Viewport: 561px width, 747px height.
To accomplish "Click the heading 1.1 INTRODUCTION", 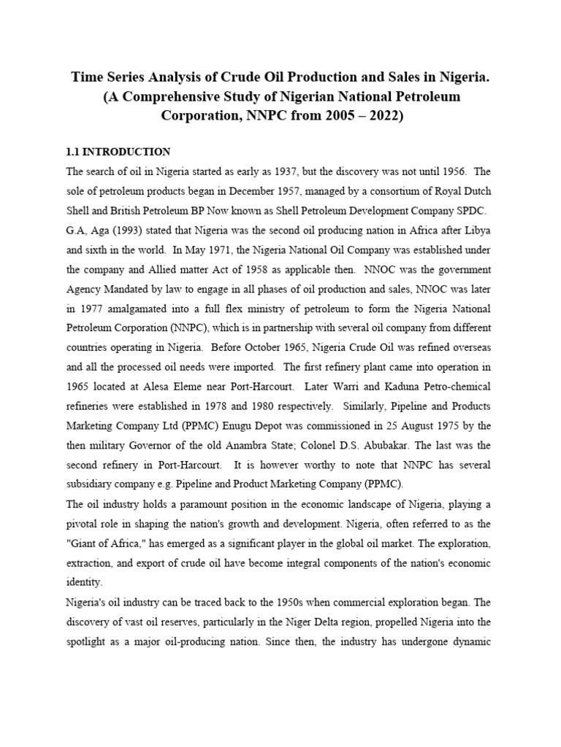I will (x=118, y=152).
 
